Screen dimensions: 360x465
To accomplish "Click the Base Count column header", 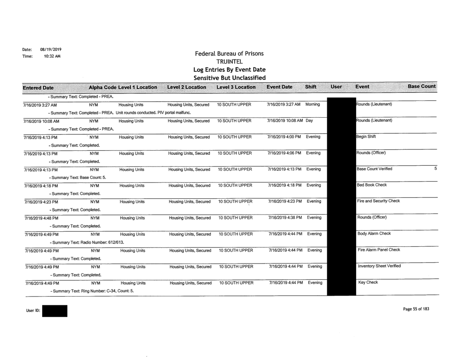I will [x=421, y=87].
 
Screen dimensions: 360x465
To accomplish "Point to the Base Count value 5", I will [x=434, y=169].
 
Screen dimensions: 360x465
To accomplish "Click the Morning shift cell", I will [x=315, y=105].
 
